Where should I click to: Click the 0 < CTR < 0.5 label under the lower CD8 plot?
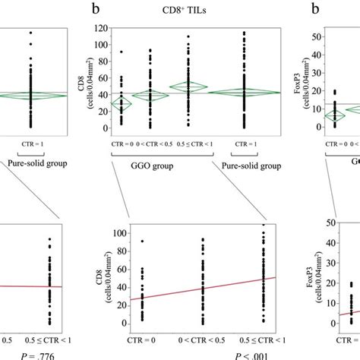(202, 335)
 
